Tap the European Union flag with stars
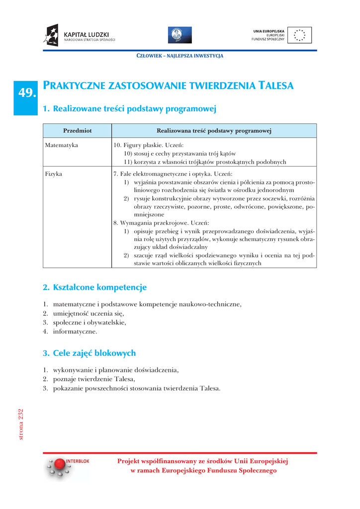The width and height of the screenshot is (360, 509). coord(300,35)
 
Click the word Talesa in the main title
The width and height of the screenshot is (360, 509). coord(277,86)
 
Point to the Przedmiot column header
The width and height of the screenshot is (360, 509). coord(77,131)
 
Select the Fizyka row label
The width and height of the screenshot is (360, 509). coord(54,174)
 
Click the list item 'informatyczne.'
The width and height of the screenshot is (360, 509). coord(75,331)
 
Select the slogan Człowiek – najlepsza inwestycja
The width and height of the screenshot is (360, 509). coord(180,56)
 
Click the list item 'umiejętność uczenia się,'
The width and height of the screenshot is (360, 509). coord(88,313)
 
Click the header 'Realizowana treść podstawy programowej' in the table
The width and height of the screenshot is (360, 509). coord(214,131)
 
